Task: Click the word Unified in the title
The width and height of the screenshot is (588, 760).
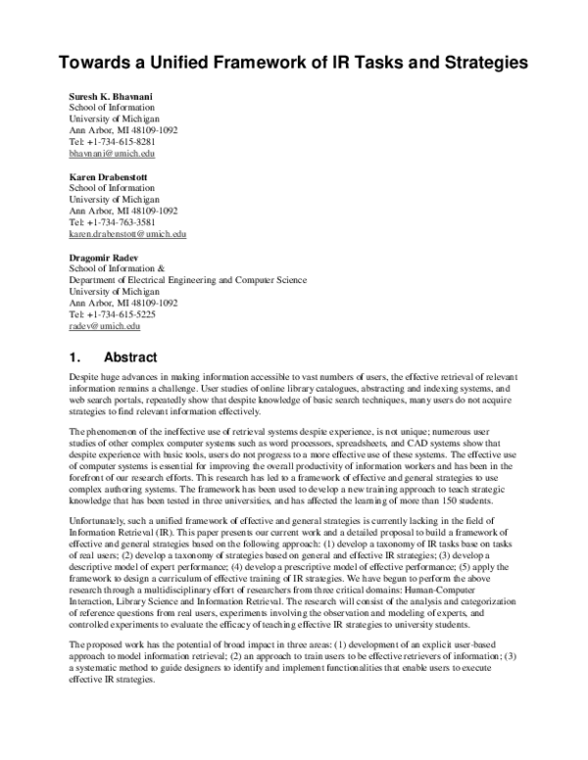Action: (189, 62)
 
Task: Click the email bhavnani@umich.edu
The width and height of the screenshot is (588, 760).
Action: (112, 154)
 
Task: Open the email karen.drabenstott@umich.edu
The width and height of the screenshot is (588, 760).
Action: (127, 235)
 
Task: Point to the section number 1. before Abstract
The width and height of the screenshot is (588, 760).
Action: (75, 357)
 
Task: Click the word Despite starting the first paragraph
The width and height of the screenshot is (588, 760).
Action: (84, 377)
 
